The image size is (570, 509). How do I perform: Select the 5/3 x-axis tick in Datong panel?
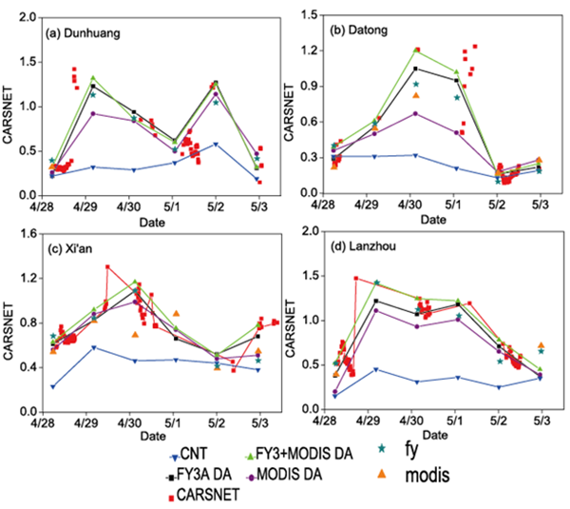click(x=540, y=206)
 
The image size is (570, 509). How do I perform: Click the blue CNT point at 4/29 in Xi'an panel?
click(x=92, y=347)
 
